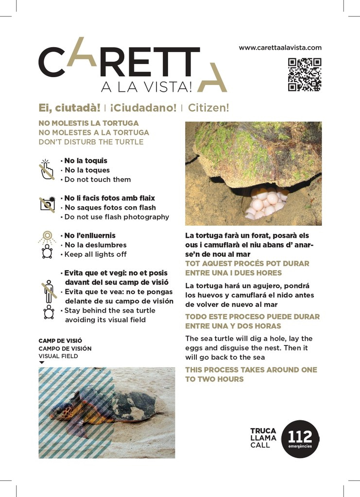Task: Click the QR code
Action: [x=305, y=75]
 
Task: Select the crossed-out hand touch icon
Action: [x=47, y=170]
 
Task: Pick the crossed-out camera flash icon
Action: [x=47, y=203]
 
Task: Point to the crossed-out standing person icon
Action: [x=48, y=291]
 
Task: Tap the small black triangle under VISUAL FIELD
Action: [x=42, y=363]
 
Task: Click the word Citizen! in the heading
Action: [x=208, y=107]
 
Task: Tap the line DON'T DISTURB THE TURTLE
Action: [x=91, y=142]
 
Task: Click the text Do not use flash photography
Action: [x=117, y=217]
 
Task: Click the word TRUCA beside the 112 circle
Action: [x=263, y=431]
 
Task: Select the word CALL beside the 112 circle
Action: [x=260, y=445]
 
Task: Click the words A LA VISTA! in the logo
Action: [x=146, y=87]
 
